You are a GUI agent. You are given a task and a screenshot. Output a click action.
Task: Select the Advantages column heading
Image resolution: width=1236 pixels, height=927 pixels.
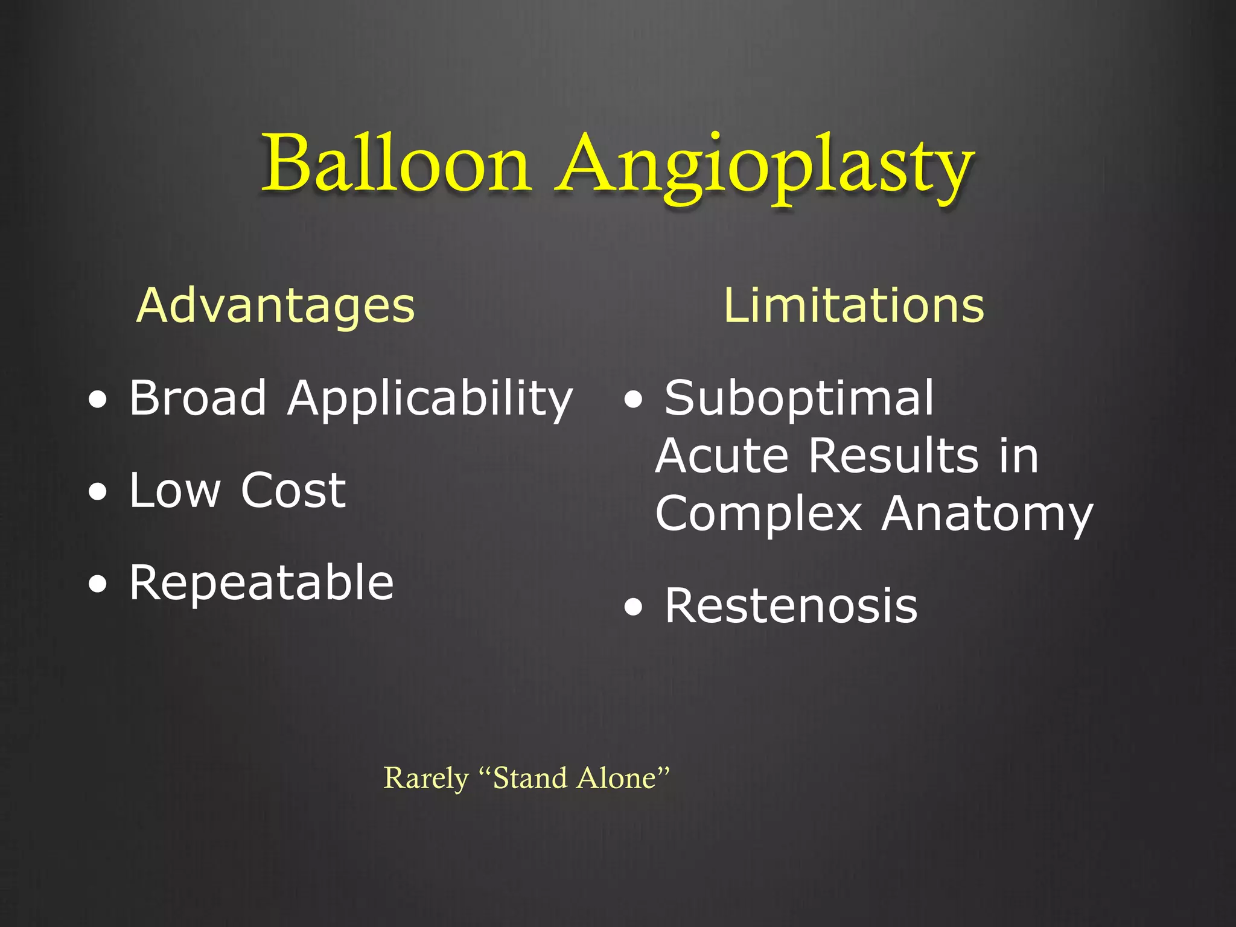coord(276,305)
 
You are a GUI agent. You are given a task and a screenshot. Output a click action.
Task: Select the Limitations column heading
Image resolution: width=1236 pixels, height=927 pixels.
coord(853,305)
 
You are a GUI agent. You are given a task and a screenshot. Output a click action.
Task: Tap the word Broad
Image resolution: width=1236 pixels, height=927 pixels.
coord(198,398)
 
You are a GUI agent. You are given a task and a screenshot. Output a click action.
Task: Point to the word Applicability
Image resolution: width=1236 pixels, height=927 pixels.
coord(430,400)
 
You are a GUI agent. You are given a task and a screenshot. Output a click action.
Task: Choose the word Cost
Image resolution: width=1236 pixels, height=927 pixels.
coord(293,490)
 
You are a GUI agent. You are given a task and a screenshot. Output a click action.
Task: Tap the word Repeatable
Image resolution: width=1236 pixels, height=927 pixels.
coord(261,582)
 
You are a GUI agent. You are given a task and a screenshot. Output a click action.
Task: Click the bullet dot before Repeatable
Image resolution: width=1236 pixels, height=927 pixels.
coord(98,584)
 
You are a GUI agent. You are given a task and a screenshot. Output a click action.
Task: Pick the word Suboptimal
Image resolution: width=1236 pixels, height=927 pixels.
coord(799,398)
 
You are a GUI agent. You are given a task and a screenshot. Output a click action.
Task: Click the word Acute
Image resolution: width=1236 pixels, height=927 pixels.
coord(722,456)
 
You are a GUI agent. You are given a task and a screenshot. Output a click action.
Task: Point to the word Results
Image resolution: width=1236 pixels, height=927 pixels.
coord(893,456)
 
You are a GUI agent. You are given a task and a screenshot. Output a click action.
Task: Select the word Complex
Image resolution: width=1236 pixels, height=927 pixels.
coord(759,514)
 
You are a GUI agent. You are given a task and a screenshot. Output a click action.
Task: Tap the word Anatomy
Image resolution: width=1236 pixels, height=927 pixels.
coord(987,515)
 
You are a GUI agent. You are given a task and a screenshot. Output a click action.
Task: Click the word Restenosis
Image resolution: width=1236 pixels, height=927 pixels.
coord(791,606)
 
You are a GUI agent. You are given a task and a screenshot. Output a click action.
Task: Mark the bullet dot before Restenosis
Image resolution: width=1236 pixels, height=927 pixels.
coord(634,608)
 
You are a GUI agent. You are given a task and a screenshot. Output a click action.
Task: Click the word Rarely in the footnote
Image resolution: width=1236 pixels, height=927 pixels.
coord(426,779)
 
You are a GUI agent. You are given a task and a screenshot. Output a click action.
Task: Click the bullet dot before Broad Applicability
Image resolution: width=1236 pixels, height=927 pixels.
coord(98,400)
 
